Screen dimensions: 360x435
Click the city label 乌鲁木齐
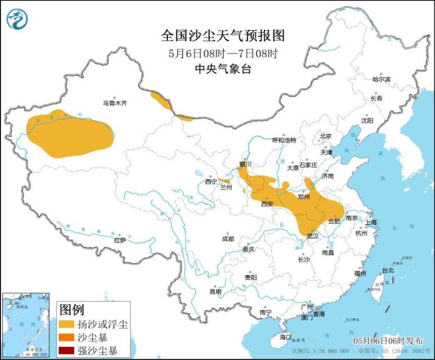pyautogui.click(x=115, y=104)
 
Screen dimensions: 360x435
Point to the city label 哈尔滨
pyautogui.click(x=381, y=80)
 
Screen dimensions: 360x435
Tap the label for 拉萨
pyautogui.click(x=120, y=241)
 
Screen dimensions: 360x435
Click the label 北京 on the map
pyautogui.click(x=326, y=136)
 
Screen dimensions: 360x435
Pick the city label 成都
pyautogui.click(x=228, y=239)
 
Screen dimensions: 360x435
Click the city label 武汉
pyautogui.click(x=313, y=236)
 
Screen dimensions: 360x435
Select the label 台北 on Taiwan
pyautogui.click(x=388, y=270)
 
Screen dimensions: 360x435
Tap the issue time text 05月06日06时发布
pyautogui.click(x=389, y=341)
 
